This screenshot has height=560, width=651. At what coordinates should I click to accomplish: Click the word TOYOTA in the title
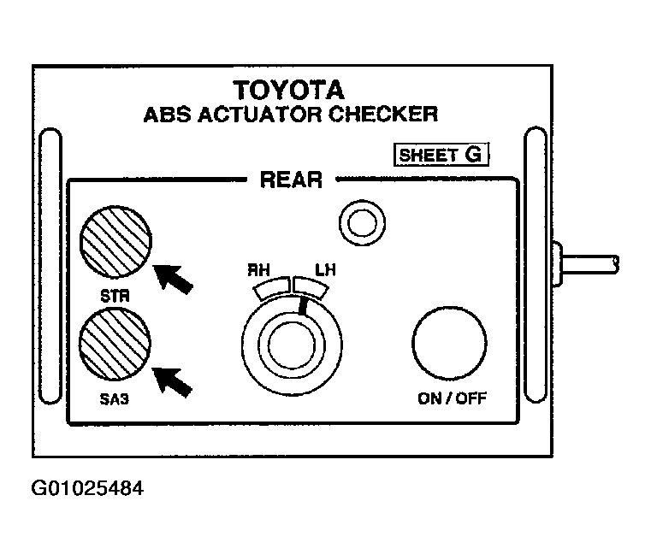point(289,90)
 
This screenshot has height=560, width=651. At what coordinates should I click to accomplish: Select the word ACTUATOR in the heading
point(259,115)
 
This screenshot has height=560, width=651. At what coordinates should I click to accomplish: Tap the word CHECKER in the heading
point(383,114)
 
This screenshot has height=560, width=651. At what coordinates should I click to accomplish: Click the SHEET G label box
point(441,155)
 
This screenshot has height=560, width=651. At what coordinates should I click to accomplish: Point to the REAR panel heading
point(291,180)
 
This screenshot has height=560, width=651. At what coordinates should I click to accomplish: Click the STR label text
point(115,296)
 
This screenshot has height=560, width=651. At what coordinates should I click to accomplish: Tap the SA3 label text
point(114,399)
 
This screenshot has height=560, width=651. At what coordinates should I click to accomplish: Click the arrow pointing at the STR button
point(173,279)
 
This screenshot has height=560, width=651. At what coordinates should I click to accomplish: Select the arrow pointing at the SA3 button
point(172,381)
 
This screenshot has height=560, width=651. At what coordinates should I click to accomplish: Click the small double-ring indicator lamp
point(362,223)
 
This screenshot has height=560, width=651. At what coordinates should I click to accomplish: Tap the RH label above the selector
point(258,270)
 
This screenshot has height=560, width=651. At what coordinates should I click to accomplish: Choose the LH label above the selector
point(325,270)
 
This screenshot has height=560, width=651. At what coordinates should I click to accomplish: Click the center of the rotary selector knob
point(292,345)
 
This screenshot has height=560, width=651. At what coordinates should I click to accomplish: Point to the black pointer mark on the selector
point(304,307)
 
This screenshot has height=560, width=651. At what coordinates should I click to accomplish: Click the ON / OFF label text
point(452,398)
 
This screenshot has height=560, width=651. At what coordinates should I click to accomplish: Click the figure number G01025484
point(87,488)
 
